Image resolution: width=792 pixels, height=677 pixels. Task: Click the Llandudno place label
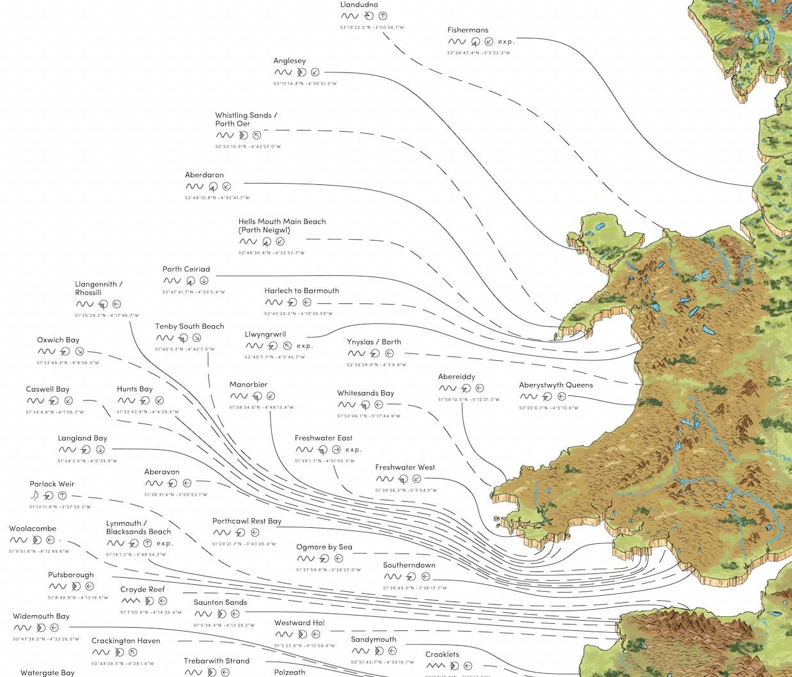359,4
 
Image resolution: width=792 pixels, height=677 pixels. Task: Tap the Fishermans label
468,30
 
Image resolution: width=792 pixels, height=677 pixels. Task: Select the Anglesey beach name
290,61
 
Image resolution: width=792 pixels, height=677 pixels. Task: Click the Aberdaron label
204,175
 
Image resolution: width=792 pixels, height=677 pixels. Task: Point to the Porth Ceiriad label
186,269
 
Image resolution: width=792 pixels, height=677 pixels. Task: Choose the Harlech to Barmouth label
301,291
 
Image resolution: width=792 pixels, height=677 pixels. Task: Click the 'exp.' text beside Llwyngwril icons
305,346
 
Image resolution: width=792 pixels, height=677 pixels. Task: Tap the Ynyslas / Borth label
374,342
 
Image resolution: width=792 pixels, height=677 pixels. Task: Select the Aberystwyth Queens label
555,385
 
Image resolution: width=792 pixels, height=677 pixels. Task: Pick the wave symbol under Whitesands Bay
347,405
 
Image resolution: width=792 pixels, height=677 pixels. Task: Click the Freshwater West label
405,467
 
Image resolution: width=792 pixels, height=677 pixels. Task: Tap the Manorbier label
248,385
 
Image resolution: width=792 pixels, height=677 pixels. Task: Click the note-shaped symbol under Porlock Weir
35,495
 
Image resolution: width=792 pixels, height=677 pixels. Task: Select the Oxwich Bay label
58,340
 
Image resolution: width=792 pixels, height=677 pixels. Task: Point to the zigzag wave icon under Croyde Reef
131,601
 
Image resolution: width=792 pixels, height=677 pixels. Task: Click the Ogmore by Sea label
324,547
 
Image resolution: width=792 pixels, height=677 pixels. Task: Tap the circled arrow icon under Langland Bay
100,450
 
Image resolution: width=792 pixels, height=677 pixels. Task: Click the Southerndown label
409,565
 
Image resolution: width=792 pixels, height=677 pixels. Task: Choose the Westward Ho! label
299,623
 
